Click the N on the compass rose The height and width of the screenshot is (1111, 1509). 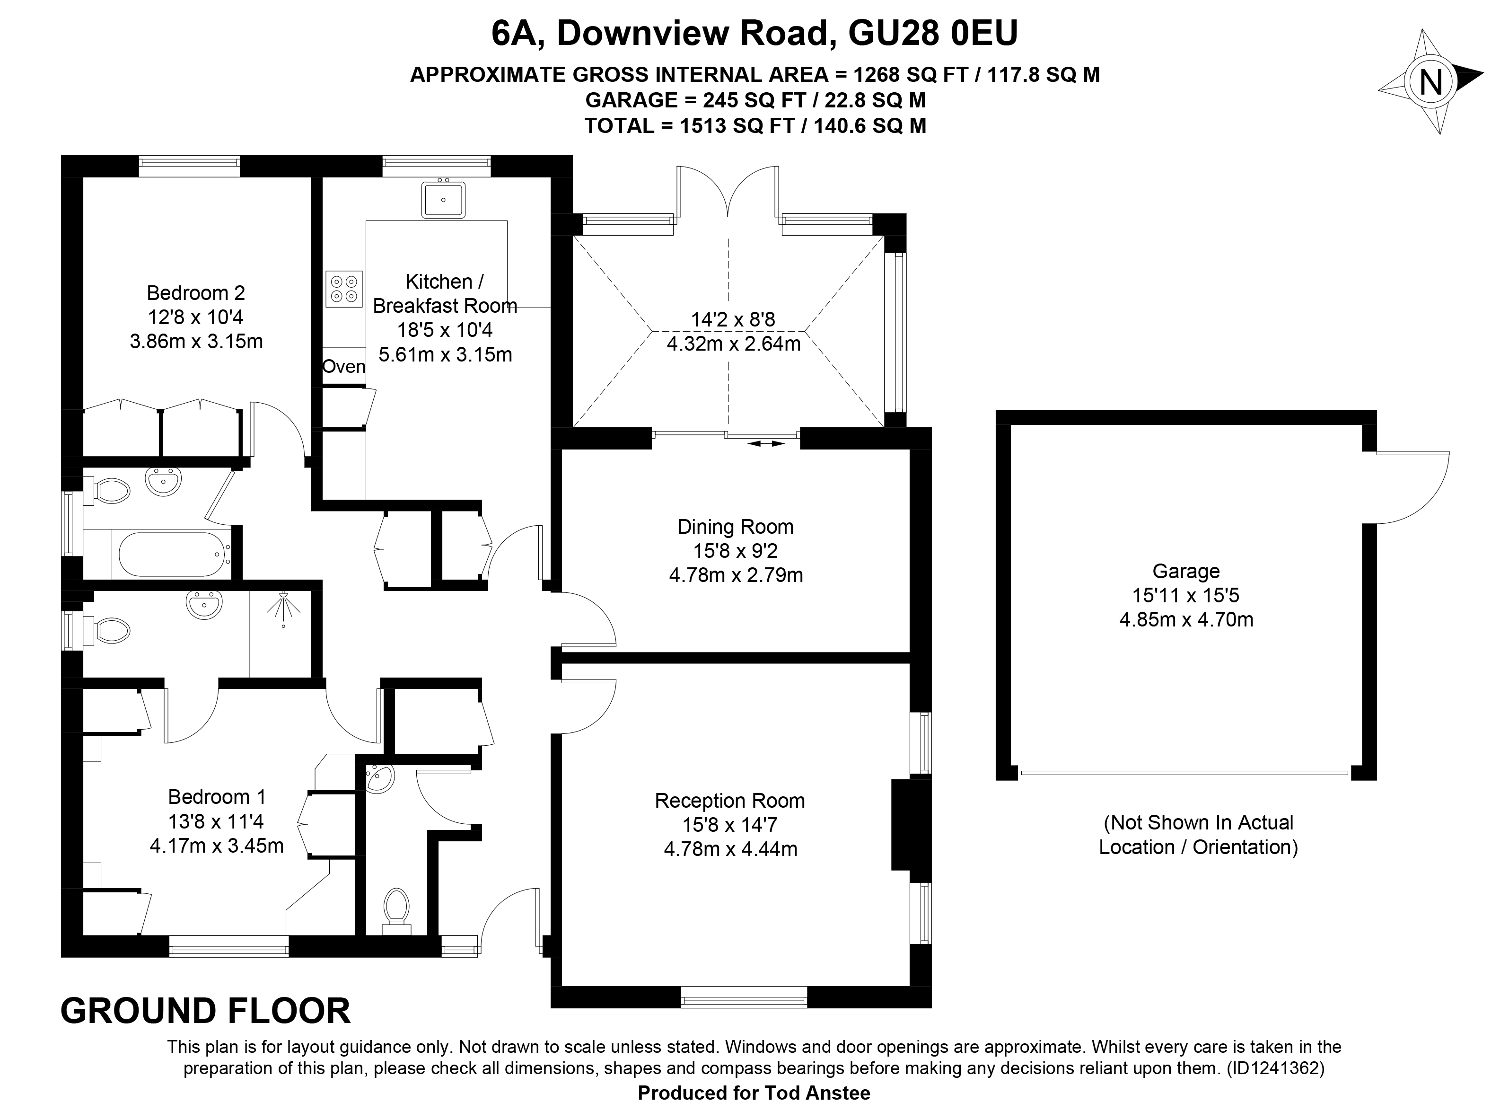click(x=1430, y=83)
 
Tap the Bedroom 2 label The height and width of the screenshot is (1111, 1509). click(x=195, y=293)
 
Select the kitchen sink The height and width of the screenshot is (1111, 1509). click(x=443, y=199)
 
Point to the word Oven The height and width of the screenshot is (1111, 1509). click(x=343, y=367)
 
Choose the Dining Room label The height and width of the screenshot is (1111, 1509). click(x=736, y=527)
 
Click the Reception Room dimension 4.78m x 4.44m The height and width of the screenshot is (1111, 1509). click(x=731, y=849)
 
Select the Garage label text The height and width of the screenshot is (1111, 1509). click(x=1186, y=571)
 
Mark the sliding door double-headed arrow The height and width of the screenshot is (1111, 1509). click(x=765, y=443)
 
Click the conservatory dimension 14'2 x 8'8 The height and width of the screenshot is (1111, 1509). click(x=733, y=319)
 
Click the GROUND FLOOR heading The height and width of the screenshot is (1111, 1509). click(x=206, y=1011)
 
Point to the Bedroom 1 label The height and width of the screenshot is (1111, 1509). click(x=217, y=797)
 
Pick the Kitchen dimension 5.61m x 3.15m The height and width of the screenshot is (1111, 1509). click(x=446, y=354)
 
